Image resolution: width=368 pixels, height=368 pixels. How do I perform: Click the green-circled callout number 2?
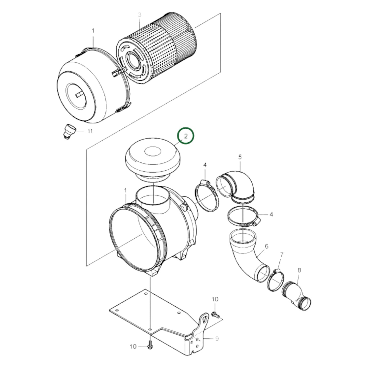(186, 136)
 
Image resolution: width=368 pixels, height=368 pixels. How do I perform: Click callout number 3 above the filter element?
(140, 15)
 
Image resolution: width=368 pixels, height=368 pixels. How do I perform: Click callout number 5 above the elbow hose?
(240, 157)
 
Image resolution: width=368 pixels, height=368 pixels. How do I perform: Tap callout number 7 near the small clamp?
(282, 254)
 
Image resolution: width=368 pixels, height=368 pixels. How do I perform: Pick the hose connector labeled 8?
(297, 295)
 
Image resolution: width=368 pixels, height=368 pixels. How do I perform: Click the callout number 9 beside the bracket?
(217, 338)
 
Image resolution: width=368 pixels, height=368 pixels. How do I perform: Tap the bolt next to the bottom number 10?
(150, 347)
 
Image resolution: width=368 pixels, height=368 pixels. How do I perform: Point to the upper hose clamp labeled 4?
(207, 196)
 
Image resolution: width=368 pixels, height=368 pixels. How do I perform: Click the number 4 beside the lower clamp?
(271, 214)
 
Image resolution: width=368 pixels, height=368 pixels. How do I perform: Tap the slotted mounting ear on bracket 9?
(204, 320)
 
